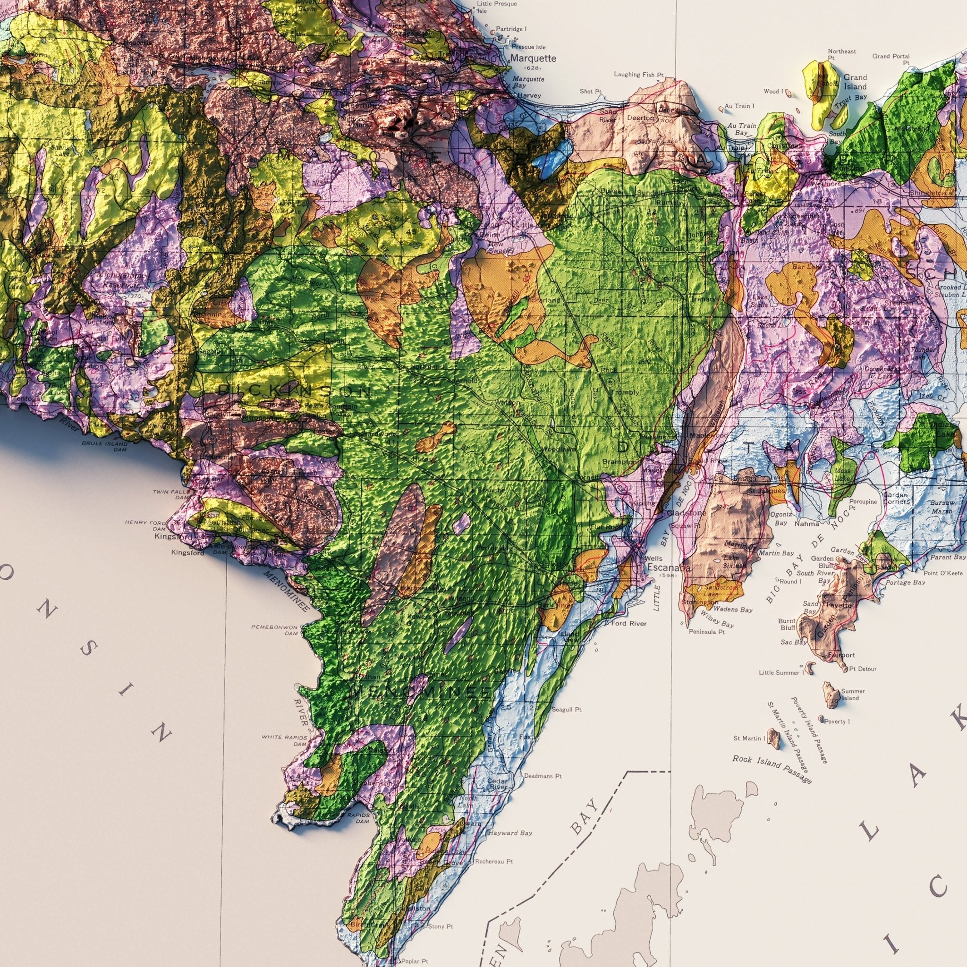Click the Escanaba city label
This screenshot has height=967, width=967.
coord(668,568)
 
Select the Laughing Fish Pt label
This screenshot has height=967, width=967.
coord(638,75)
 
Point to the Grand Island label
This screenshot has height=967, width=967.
coord(855,82)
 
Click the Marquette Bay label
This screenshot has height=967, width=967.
coord(528,82)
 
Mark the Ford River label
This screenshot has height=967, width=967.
coord(628,623)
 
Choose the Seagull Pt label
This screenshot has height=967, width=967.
coord(566,709)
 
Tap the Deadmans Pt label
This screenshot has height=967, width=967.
coord(543,776)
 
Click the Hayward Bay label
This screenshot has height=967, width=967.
coord(510,833)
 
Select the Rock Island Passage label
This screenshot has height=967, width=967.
coord(772,769)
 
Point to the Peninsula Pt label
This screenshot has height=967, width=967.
coord(707,632)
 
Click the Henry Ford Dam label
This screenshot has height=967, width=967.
coord(145,525)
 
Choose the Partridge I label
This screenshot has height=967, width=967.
coord(511,29)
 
